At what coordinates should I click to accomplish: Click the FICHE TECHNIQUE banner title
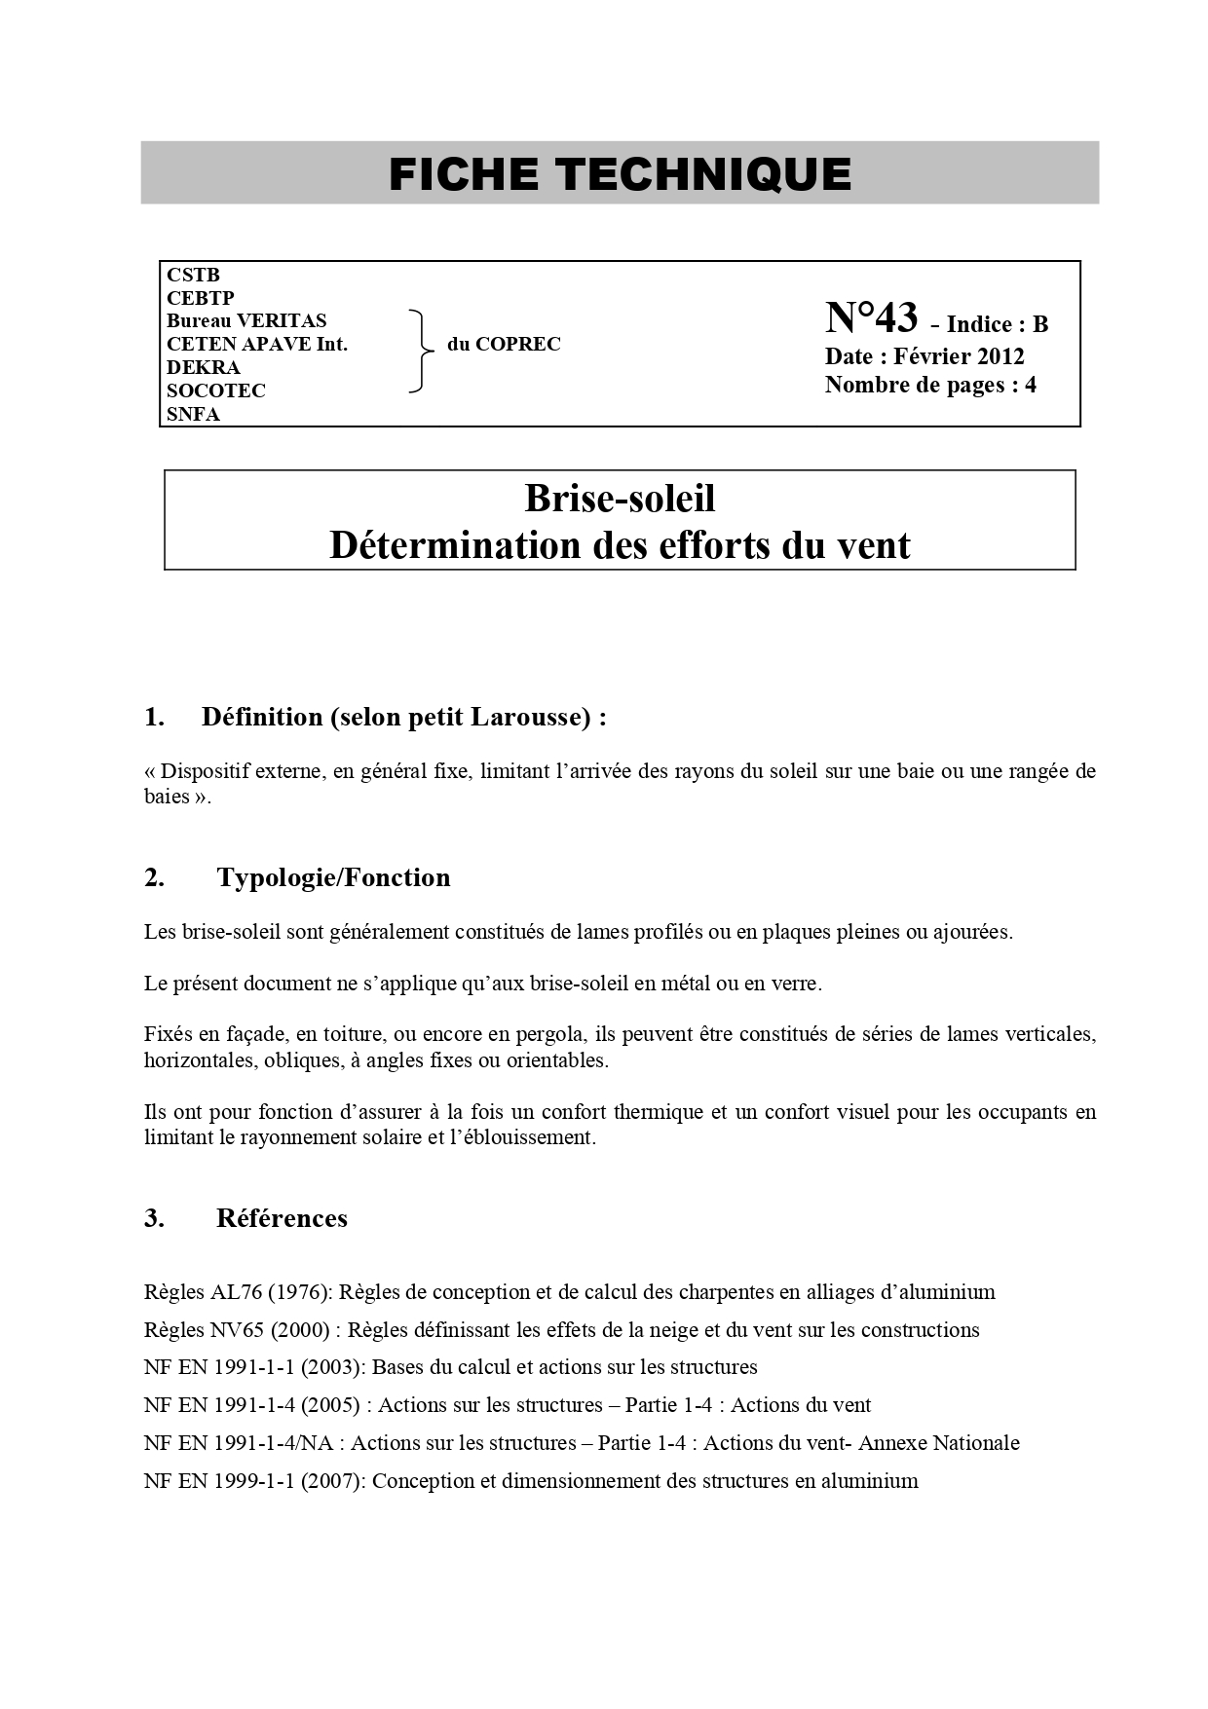pos(620,174)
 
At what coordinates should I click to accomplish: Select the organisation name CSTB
pos(193,275)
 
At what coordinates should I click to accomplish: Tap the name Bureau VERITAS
pos(246,320)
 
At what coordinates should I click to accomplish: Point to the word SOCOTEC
pos(215,390)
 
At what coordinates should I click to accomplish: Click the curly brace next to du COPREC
pos(421,352)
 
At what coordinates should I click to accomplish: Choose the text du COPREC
pos(504,344)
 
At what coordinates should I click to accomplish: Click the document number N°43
pos(871,318)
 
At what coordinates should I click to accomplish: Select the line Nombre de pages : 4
pos(930,385)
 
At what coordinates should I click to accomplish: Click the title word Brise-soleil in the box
pos(620,499)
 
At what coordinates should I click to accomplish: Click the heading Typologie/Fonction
pos(333,877)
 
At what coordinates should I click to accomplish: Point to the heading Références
pos(282,1218)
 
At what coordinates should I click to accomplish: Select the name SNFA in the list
pos(193,414)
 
